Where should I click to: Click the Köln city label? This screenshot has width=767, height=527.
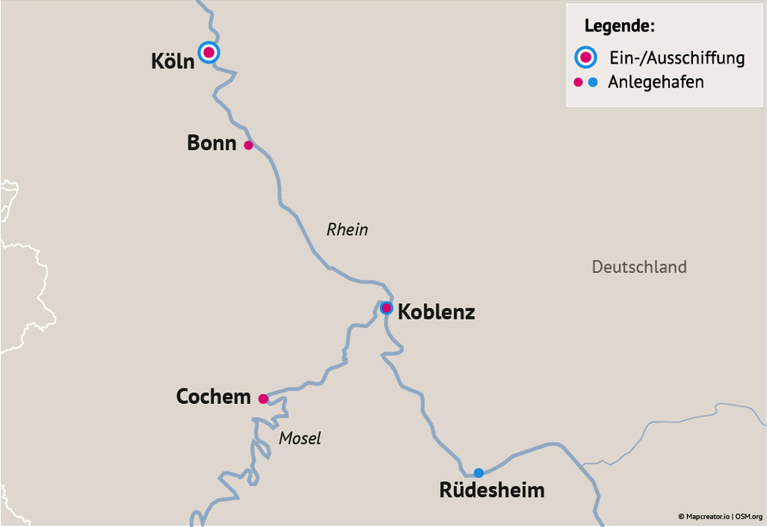(x=173, y=62)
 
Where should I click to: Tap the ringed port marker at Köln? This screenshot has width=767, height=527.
(x=209, y=53)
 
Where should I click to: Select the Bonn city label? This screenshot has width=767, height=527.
(x=212, y=143)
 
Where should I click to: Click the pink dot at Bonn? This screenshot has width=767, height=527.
(x=249, y=145)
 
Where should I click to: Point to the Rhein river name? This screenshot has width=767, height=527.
(x=347, y=229)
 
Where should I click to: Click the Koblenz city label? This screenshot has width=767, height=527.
(x=436, y=313)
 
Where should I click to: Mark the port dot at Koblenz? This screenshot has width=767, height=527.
(x=387, y=307)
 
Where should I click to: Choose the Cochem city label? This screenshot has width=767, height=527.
(x=213, y=397)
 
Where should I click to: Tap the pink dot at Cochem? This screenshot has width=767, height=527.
(x=263, y=399)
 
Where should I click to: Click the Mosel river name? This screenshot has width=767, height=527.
(x=300, y=438)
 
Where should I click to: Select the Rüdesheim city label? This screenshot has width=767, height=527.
(x=492, y=491)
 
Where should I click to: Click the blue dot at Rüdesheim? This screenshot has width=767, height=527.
(x=479, y=473)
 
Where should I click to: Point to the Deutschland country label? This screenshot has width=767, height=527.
(x=639, y=267)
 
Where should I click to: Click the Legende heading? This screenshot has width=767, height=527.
(x=619, y=26)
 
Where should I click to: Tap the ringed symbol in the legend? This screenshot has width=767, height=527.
(x=586, y=58)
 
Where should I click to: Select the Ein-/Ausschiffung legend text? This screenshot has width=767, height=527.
(x=676, y=59)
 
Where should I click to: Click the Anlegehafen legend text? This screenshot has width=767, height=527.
(x=656, y=83)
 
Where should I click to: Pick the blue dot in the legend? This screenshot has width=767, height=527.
(x=593, y=83)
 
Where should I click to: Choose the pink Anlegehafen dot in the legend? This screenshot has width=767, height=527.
(x=579, y=83)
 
